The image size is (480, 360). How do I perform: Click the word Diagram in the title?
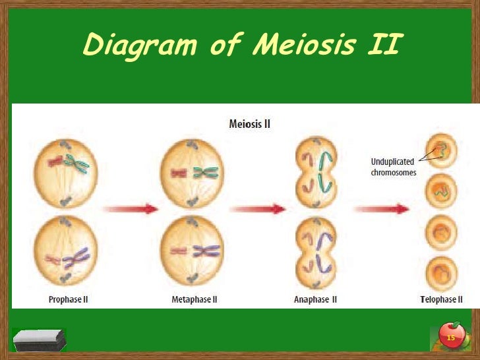tap(139, 45)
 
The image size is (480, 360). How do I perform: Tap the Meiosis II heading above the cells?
tap(249, 123)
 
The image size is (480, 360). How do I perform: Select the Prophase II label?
tap(69, 299)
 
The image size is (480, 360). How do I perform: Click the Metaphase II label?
tap(195, 299)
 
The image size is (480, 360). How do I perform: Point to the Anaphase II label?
tap(315, 299)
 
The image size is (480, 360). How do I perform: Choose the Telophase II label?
tap(441, 299)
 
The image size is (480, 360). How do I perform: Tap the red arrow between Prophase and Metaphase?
tap(131, 209)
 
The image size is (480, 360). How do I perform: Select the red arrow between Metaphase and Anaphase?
tap(258, 209)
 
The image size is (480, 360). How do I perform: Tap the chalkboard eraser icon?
tap(40, 340)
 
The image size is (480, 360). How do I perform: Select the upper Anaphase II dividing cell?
tap(315, 173)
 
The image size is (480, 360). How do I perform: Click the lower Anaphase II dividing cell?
tap(315, 253)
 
